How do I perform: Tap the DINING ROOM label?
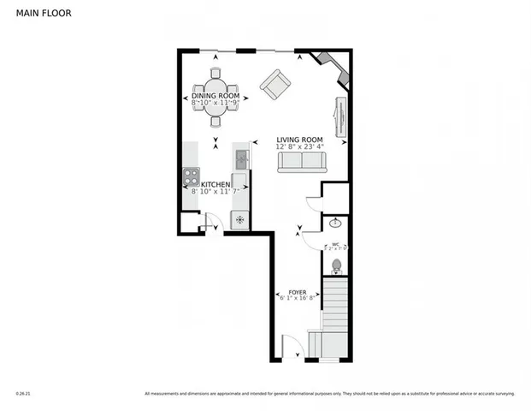(x=215, y=95)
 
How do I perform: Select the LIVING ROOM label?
(x=298, y=140)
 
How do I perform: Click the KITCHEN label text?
(x=215, y=184)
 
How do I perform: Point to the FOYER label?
(x=298, y=291)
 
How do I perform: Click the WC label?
(x=335, y=244)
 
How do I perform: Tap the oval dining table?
(x=215, y=97)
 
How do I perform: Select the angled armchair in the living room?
(x=275, y=84)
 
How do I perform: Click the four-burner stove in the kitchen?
(x=190, y=178)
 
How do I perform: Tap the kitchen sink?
(x=241, y=158)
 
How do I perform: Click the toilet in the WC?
(x=336, y=265)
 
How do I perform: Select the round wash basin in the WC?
(x=335, y=223)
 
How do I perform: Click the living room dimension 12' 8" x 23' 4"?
(x=298, y=147)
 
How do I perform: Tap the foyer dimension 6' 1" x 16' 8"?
(x=298, y=299)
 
